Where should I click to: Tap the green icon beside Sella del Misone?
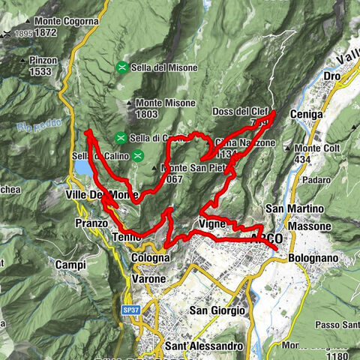point(121,67)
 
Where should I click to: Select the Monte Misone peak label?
point(166,103)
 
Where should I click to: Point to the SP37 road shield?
point(130,308)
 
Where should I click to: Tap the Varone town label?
point(148,279)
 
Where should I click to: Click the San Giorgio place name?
point(217,310)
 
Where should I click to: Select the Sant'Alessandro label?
point(204,346)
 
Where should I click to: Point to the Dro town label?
point(331,76)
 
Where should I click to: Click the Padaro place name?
point(300,180)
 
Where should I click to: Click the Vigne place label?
point(212,223)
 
